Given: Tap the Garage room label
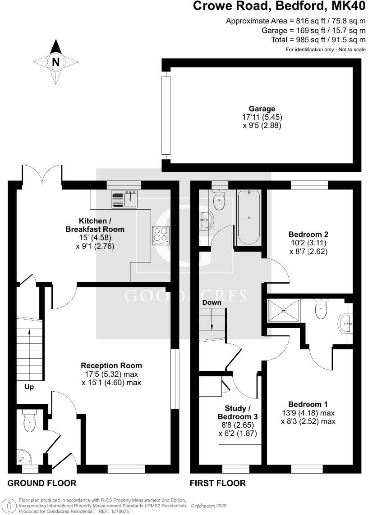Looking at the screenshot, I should [x=262, y=108].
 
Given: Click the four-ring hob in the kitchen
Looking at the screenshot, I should [x=161, y=235].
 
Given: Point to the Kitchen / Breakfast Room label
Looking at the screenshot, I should [x=95, y=225].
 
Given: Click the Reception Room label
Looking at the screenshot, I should [x=111, y=366].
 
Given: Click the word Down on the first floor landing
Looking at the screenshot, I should [x=212, y=303].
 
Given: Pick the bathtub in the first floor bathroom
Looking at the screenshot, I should [x=248, y=217].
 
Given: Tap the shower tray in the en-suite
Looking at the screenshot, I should [x=284, y=310].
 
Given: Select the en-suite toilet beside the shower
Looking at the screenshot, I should [x=321, y=309].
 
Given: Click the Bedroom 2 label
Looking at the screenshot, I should [x=308, y=235].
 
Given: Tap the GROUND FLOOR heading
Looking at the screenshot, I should [x=42, y=483].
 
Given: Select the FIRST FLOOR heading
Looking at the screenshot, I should [x=217, y=483].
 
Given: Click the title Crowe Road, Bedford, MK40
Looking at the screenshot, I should [x=279, y=7].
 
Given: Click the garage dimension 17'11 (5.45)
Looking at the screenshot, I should [x=262, y=117].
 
